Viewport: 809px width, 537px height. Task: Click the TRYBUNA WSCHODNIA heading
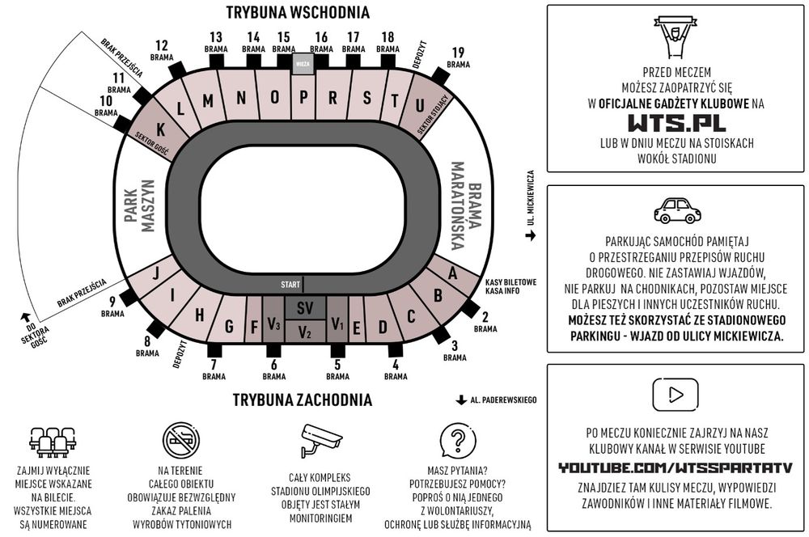pyautogui.click(x=298, y=13)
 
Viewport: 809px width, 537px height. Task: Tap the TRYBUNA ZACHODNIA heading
pyautogui.click(x=303, y=400)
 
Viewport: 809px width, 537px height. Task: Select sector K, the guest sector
pyautogui.click(x=161, y=129)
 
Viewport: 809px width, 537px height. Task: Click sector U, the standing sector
pyautogui.click(x=419, y=105)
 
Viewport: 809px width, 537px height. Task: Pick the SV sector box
pyautogui.click(x=304, y=308)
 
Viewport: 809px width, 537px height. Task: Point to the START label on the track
pyautogui.click(x=290, y=285)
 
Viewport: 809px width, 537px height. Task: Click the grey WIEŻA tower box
pyautogui.click(x=303, y=63)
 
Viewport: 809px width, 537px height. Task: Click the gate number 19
pyautogui.click(x=459, y=53)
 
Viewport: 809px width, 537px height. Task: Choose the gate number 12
pyautogui.click(x=161, y=45)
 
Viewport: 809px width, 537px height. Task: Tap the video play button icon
pyautogui.click(x=676, y=395)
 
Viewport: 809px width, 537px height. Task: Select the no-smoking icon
pyautogui.click(x=180, y=442)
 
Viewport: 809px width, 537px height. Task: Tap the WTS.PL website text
pyautogui.click(x=676, y=123)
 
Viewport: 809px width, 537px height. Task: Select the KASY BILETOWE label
pyautogui.click(x=510, y=282)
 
